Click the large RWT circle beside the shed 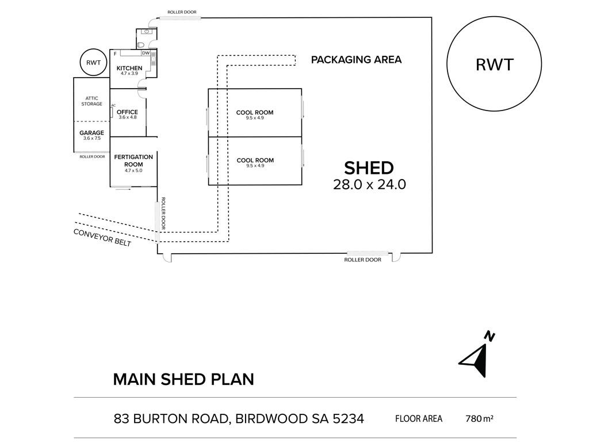(x=494, y=64)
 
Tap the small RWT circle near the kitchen (x=92, y=63)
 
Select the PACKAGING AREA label (x=356, y=59)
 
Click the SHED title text (x=369, y=168)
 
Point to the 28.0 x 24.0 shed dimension (x=369, y=185)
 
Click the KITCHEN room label (x=129, y=68)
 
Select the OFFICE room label (x=127, y=112)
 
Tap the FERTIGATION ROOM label (x=133, y=161)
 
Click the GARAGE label (x=91, y=133)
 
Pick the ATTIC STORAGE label (x=91, y=101)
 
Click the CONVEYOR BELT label (x=102, y=238)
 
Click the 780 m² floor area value (x=479, y=418)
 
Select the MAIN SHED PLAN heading (x=183, y=379)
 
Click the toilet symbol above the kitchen (x=141, y=44)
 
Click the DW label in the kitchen (x=146, y=54)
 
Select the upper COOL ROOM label (x=255, y=113)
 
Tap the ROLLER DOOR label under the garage (x=91, y=157)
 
